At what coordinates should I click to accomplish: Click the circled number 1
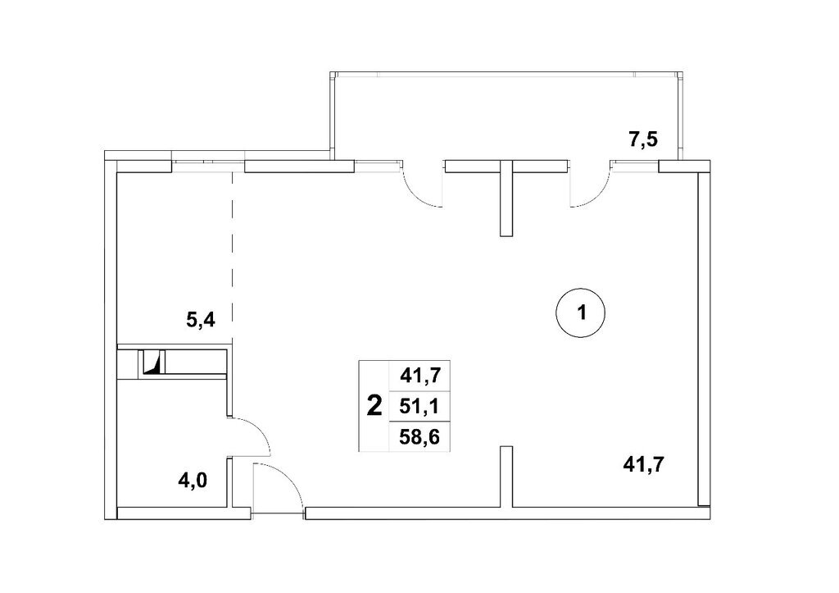pyautogui.click(x=581, y=312)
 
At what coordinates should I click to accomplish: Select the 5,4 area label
pyautogui.click(x=200, y=320)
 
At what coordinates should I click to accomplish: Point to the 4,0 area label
pyautogui.click(x=193, y=481)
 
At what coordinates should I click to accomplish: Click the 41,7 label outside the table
pyautogui.click(x=643, y=463)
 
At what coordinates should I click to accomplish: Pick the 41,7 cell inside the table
pyautogui.click(x=420, y=376)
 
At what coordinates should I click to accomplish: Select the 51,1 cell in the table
pyautogui.click(x=419, y=407)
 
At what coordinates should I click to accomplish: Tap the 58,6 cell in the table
pyautogui.click(x=419, y=437)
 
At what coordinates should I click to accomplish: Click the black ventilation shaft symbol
pyautogui.click(x=154, y=363)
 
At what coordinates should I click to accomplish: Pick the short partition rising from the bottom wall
pyautogui.click(x=506, y=477)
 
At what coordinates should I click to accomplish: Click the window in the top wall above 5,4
pyautogui.click(x=207, y=165)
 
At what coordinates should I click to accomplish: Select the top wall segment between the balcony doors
pyautogui.click(x=506, y=166)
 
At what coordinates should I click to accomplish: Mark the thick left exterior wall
pyautogui.click(x=110, y=335)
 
